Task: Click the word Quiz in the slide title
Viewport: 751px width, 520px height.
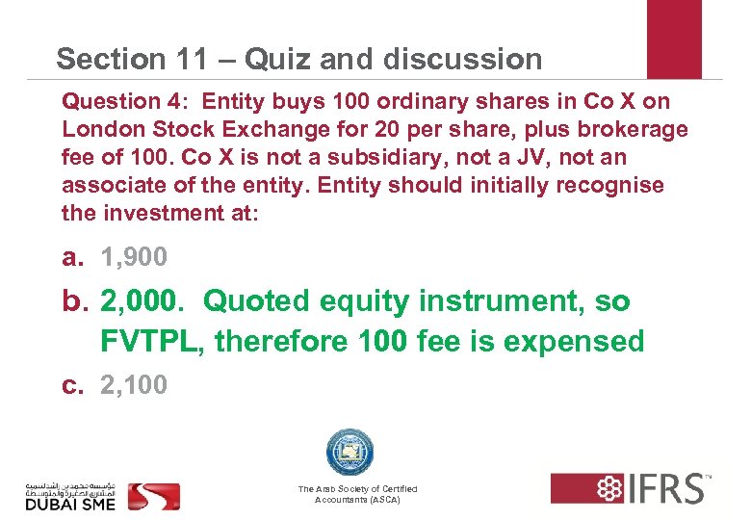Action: [277, 60]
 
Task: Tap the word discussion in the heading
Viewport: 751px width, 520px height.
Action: [462, 60]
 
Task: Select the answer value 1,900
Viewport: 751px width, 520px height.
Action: [134, 257]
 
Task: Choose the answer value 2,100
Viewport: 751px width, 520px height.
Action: [134, 385]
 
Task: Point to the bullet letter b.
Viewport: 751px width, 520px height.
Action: [73, 301]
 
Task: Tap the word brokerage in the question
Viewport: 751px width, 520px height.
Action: [636, 128]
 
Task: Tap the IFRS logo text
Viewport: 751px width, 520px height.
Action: [665, 488]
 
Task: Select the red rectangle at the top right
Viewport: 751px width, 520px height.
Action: [674, 39]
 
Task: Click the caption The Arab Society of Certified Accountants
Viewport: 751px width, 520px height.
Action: [357, 495]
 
